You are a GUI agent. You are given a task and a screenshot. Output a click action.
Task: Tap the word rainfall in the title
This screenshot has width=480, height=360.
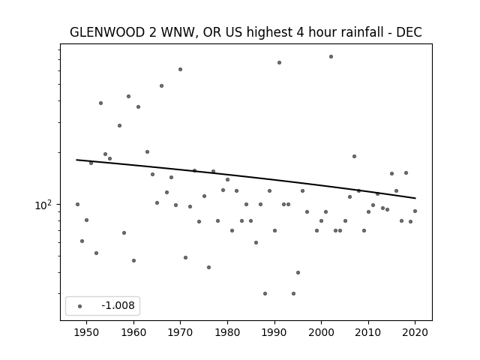364,32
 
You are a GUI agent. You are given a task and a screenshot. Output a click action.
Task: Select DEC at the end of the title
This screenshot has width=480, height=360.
409,32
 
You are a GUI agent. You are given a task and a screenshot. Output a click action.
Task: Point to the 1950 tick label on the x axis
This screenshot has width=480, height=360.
87,332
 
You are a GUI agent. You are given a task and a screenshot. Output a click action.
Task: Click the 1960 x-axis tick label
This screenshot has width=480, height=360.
133,332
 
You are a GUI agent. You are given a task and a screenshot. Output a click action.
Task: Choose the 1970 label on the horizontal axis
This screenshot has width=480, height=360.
180,332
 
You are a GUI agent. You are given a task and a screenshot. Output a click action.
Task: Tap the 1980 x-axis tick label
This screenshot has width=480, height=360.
227,332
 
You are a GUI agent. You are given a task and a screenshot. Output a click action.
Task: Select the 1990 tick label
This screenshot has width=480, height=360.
274,332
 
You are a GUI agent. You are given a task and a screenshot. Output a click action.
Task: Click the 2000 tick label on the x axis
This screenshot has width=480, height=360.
321,332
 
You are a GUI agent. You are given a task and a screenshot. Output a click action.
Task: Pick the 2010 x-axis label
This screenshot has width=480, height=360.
368,332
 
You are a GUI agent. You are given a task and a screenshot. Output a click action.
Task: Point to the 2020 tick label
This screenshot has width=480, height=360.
415,332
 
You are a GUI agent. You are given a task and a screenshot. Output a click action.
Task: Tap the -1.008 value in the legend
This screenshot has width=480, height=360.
118,305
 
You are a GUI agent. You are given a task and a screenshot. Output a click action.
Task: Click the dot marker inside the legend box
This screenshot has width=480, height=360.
80,306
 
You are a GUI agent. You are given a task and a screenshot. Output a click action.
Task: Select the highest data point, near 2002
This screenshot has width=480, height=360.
331,57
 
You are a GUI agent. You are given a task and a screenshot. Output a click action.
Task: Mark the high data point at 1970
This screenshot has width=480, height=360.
180,70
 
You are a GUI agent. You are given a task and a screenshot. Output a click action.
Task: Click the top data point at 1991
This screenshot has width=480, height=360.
279,63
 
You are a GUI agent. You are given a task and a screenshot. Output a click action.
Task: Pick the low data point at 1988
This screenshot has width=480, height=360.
265,293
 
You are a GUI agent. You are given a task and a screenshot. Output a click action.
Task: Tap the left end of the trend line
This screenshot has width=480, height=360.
76,160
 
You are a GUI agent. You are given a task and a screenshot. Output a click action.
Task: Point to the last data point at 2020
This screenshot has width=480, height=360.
415,211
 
